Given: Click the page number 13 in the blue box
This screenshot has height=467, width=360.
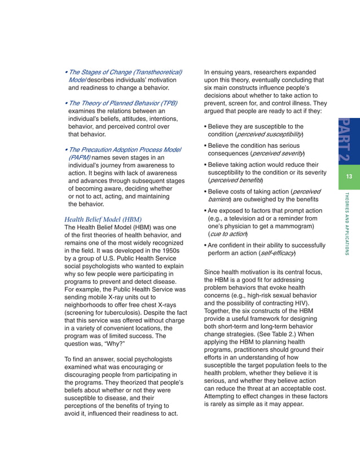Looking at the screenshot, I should (x=349, y=177).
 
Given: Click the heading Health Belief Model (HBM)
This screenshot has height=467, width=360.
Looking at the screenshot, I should (x=103, y=219).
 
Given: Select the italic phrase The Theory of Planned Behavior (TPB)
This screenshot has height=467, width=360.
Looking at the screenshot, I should (x=123, y=103).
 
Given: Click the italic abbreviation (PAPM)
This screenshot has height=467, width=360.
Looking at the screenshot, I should (x=79, y=157).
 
